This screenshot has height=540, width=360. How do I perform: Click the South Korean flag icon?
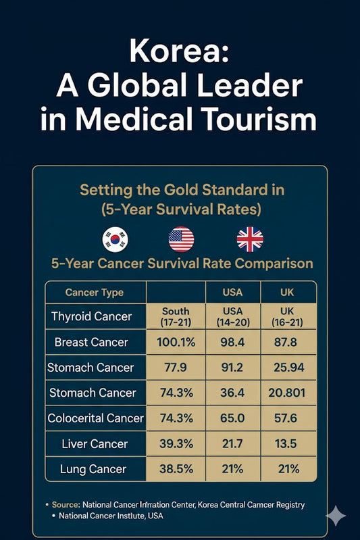[115, 239]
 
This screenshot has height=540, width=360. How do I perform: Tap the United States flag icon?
[181, 239]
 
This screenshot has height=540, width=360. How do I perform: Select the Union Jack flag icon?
[249, 239]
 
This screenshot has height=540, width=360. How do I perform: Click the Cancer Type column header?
[95, 293]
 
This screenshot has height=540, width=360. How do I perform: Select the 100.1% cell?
[176, 342]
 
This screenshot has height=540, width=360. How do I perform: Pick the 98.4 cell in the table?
[232, 342]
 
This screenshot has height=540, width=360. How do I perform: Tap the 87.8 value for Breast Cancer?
[288, 342]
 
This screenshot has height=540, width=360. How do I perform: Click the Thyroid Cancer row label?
[91, 316]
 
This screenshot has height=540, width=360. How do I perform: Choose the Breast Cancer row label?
[91, 342]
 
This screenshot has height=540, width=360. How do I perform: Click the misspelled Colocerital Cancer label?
[95, 418]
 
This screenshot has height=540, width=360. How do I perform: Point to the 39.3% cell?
[176, 443]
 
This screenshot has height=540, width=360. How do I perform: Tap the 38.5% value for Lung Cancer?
[176, 469]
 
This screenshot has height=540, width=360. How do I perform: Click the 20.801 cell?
[288, 393]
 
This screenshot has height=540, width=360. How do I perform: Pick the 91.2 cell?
[232, 368]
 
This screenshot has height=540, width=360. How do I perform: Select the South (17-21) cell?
[176, 316]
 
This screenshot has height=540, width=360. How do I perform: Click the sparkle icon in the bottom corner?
[336, 516]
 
